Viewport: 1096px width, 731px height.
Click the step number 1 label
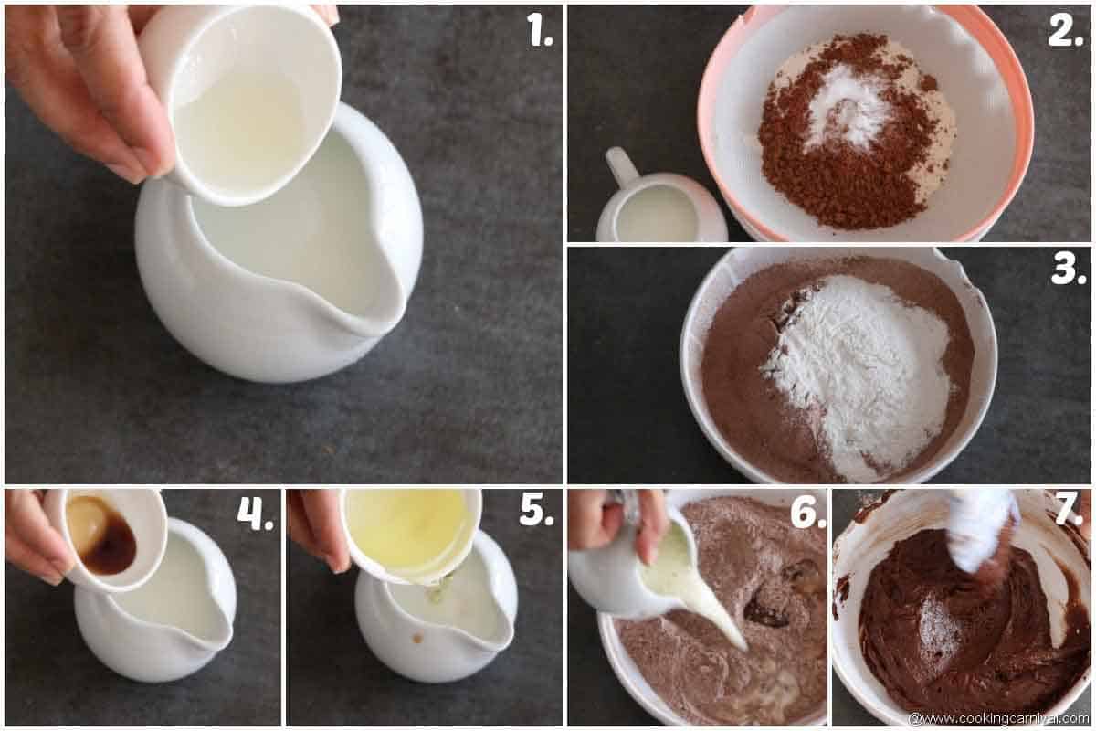(x=540, y=32)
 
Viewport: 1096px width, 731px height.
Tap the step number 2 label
(x=1065, y=32)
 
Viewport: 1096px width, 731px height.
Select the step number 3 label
(x=1067, y=270)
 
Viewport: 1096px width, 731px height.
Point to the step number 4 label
(x=255, y=514)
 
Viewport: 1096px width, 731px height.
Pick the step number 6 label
(x=807, y=514)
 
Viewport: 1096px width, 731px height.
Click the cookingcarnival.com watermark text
(x=999, y=718)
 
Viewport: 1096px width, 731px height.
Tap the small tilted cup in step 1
(x=242, y=105)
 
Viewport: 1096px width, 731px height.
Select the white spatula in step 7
(x=982, y=530)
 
